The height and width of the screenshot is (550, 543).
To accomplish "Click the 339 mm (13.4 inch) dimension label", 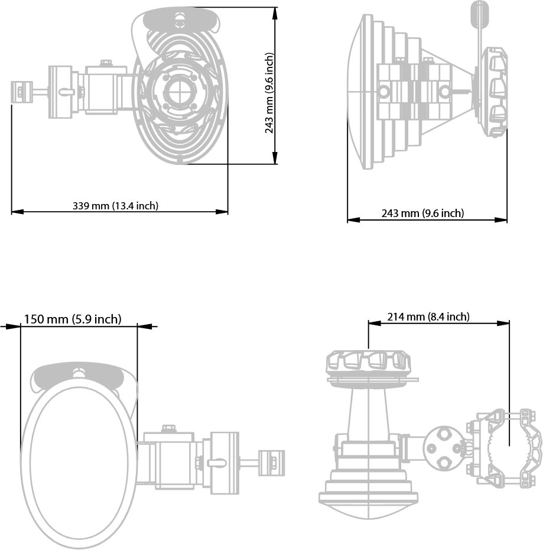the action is click(115, 206).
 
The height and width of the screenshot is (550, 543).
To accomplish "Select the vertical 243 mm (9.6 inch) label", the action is click(269, 93).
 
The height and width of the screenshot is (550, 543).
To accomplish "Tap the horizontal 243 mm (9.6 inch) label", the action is click(422, 213).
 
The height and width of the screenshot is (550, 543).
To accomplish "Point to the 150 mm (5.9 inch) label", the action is click(73, 319).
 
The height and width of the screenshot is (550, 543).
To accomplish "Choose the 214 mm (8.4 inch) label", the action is click(428, 317).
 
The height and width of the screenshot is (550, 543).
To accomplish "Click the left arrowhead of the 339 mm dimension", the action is click(17, 212).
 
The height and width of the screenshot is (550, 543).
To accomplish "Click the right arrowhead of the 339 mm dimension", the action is click(222, 212).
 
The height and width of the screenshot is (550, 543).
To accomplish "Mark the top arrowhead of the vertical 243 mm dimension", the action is click(275, 14).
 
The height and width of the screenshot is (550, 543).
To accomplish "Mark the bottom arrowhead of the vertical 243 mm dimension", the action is click(275, 158).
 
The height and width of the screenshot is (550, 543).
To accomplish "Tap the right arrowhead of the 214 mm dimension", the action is click(503, 323).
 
